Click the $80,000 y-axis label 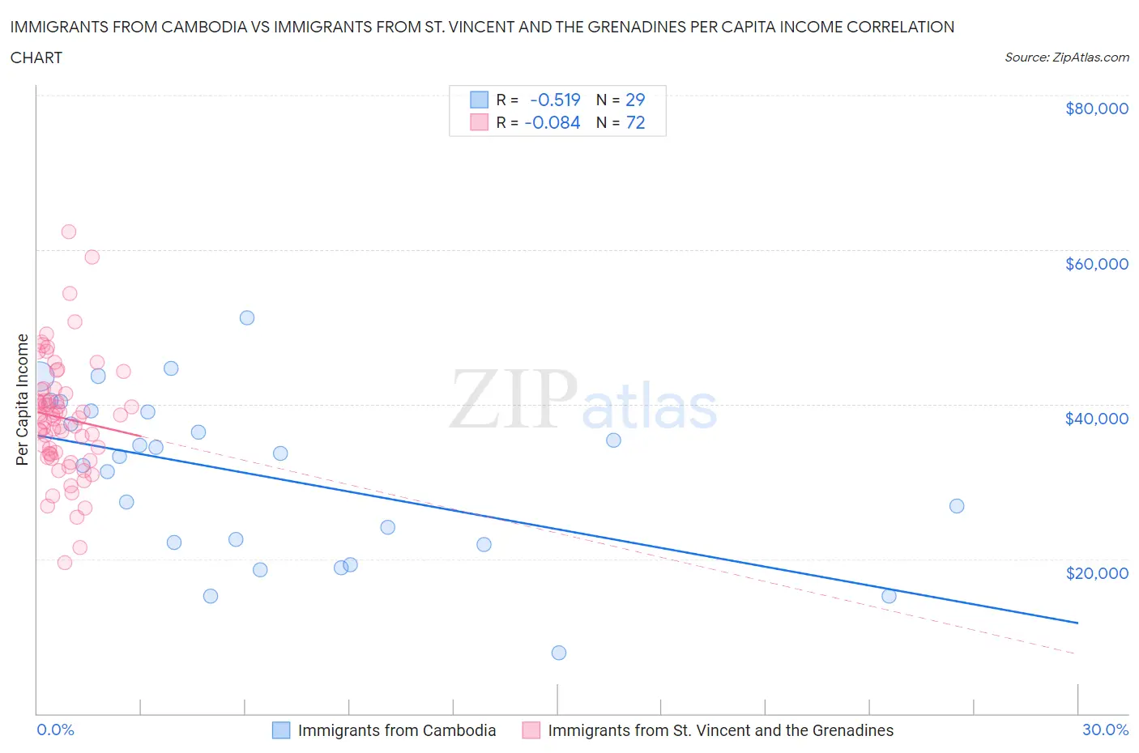[1096, 108]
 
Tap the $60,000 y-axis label [1096, 264]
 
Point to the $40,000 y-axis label [1096, 419]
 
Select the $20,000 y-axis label [1096, 573]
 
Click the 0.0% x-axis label [55, 730]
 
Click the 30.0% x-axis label [1105, 730]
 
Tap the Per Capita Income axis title [23, 399]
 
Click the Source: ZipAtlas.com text [1066, 57]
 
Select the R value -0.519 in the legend [555, 100]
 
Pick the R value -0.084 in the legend [552, 122]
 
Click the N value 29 [635, 100]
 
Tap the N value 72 [635, 122]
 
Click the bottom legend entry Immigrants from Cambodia [396, 730]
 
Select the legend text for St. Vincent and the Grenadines [720, 730]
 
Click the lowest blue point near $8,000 [558, 653]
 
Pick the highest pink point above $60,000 [69, 232]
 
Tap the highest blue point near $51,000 [247, 318]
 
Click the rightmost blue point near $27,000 [957, 506]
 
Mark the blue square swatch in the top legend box [479, 100]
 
